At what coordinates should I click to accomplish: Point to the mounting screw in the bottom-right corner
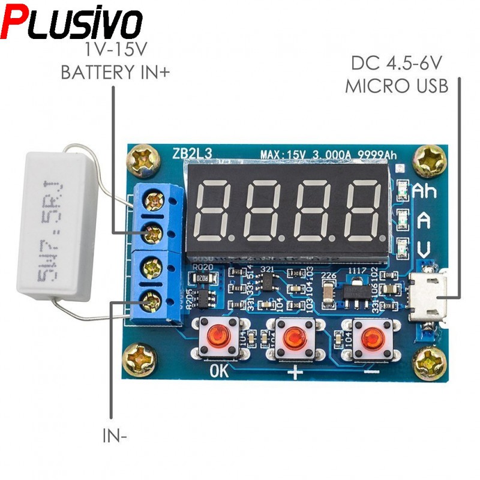(x=431, y=362)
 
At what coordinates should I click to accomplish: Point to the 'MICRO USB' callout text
(x=397, y=86)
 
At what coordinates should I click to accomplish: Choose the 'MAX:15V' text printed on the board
(x=281, y=155)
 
